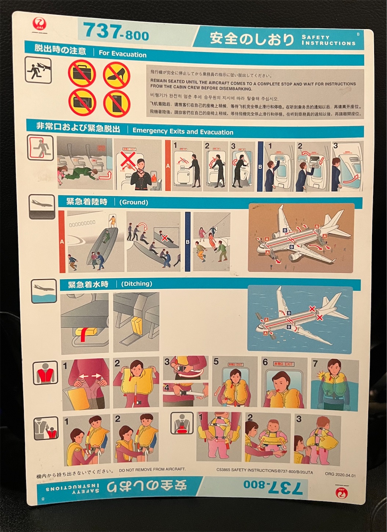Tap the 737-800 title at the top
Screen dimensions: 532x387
116,32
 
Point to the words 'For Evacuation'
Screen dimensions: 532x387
123,54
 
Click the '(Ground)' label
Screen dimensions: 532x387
134,202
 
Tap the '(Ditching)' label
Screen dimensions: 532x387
136,284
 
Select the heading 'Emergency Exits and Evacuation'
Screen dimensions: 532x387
183,132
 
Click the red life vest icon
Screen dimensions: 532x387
45,373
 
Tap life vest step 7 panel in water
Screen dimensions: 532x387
335,384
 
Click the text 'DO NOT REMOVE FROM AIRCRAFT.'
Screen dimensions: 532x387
152,470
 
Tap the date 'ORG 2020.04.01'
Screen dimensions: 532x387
340,474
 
